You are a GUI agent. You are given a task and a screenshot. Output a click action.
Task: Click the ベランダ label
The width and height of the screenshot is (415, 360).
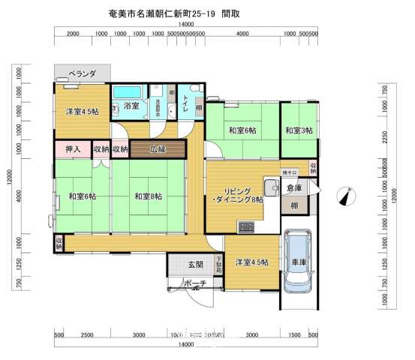point(82,73)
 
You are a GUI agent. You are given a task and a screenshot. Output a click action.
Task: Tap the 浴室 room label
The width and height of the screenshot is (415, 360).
point(131,106)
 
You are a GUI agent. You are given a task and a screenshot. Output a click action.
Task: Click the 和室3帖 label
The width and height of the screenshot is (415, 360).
point(299,131)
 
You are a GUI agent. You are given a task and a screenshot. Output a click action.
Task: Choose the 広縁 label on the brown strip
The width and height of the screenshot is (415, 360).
point(157,148)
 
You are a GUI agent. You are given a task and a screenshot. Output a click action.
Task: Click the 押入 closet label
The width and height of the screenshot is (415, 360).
point(73,149)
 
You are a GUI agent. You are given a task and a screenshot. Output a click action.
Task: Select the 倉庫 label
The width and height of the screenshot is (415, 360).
point(295,188)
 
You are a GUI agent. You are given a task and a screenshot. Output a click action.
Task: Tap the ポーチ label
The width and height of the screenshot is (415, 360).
point(194,283)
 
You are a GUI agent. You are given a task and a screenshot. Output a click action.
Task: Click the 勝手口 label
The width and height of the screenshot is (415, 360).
point(290,173)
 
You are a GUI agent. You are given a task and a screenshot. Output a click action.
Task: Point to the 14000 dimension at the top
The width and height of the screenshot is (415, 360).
point(197,25)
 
